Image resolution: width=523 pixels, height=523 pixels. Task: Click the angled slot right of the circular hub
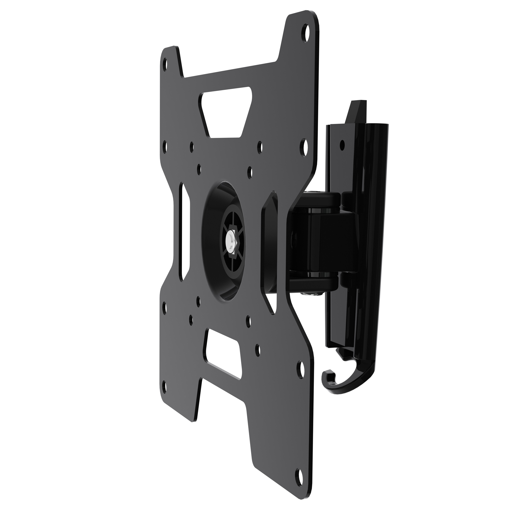269,252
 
